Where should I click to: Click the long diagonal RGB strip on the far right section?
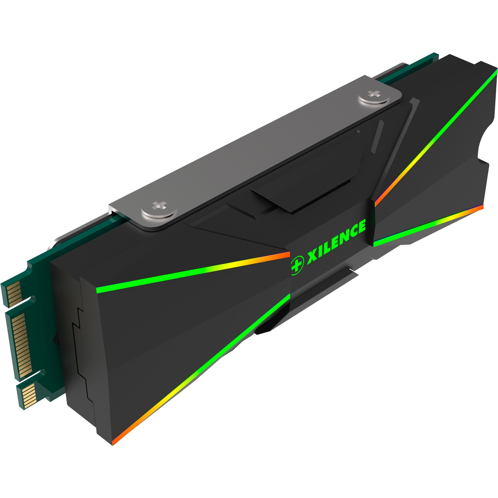[436, 137]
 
